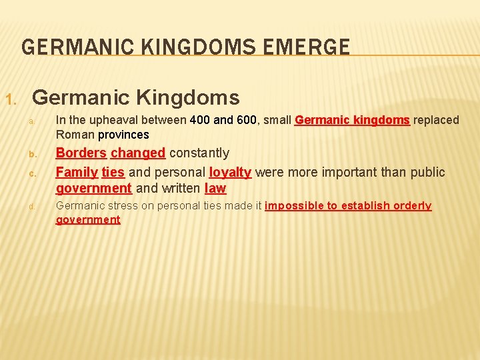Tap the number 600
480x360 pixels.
coord(246,120)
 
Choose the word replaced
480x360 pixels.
coord(436,120)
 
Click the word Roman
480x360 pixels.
coord(75,135)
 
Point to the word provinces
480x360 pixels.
coord(123,135)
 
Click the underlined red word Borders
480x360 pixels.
coord(81,153)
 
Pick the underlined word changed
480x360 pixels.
coord(138,153)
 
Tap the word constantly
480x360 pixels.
coord(199,153)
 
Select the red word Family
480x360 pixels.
coord(77,172)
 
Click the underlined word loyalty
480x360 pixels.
coord(230,172)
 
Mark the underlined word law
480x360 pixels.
coord(215,189)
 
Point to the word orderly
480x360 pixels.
coord(413,205)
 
